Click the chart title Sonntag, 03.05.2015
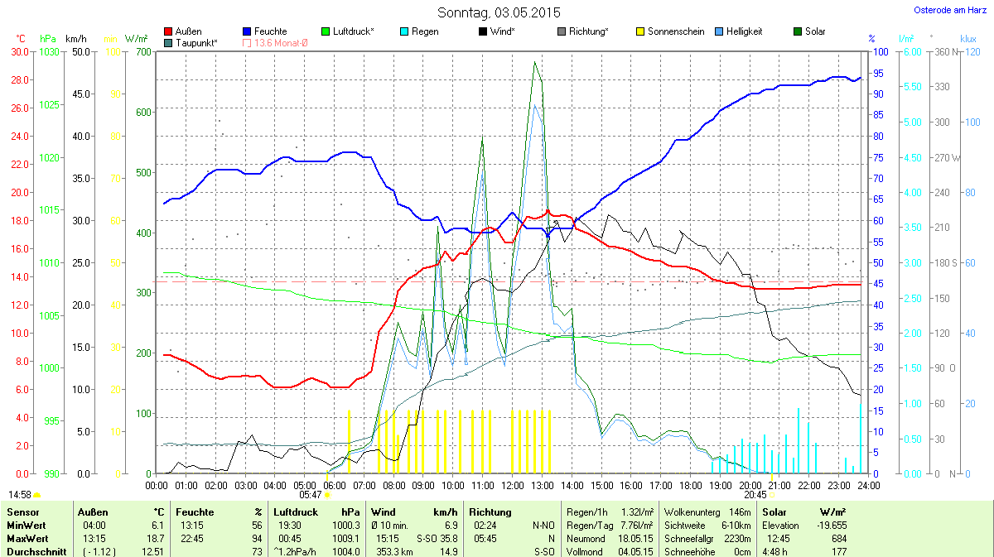499,12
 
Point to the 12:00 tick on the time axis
513,485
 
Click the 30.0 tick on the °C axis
17,52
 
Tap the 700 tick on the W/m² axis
142,52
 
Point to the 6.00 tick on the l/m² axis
910,52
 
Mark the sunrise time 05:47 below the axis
310,494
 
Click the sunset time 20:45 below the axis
755,494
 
